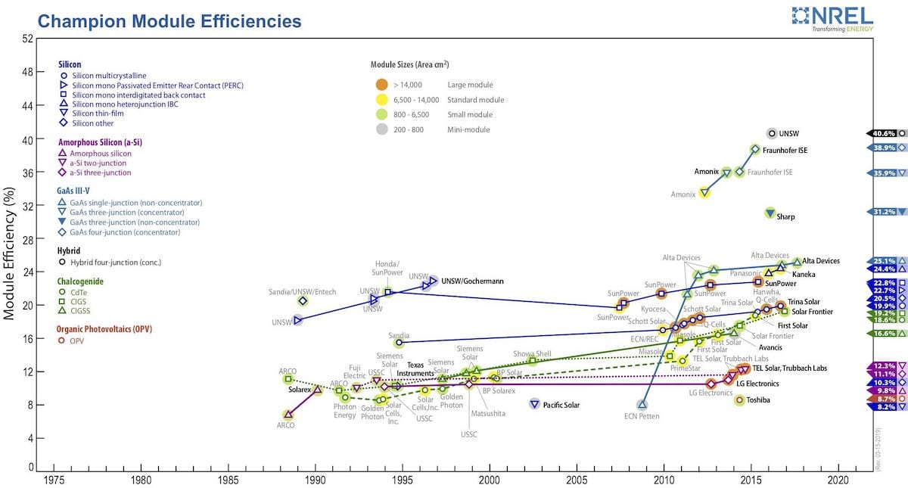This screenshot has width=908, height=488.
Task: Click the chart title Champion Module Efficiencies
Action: coord(169,21)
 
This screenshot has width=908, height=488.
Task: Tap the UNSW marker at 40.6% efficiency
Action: coord(772,133)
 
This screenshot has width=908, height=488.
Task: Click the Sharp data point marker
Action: coord(770,213)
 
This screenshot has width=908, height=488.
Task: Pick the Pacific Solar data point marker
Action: coord(534,404)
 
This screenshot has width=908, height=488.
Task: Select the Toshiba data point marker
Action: coord(739,400)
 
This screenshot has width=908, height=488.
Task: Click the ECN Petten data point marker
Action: coord(642,404)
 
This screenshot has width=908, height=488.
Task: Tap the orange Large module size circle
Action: coord(382,84)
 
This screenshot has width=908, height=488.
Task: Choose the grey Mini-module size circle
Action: coord(382,129)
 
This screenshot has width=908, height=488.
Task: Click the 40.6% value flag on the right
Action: coord(880,133)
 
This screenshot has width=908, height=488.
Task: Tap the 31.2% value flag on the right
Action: coord(880,212)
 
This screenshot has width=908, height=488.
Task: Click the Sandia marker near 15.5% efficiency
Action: coord(399,342)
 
